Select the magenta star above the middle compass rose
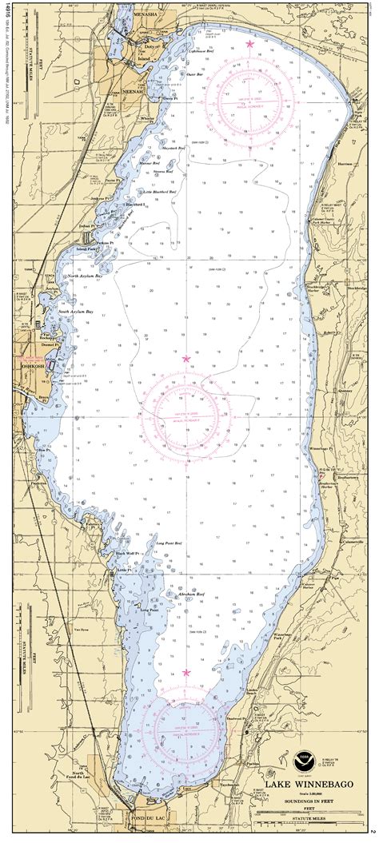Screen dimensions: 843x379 [x=186, y=359]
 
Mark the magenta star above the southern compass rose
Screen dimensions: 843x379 [x=187, y=673]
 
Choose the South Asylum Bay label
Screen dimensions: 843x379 [x=88, y=312]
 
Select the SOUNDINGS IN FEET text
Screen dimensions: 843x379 [x=305, y=803]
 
